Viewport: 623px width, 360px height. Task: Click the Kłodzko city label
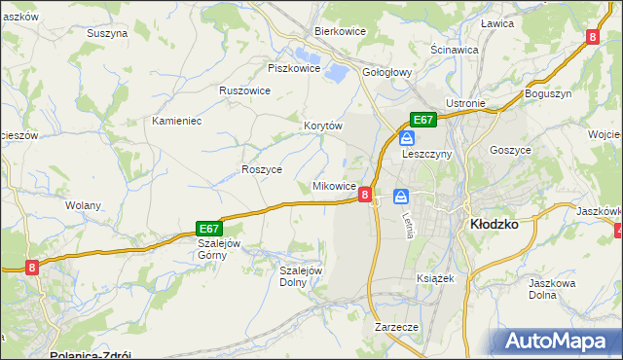[x=493, y=223]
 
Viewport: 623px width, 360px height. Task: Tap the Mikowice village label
[x=334, y=185]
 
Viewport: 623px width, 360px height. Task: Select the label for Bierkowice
[x=338, y=30]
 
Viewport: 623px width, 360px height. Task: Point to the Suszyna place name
[x=107, y=32]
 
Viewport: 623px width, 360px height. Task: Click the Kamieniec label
[x=176, y=121]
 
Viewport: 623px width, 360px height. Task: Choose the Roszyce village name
[x=261, y=168]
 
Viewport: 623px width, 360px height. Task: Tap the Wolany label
[x=83, y=205]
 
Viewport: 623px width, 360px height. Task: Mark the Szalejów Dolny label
[x=301, y=276]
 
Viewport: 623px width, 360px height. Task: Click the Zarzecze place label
[x=396, y=327]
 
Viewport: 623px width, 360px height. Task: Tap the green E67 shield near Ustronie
[x=421, y=120]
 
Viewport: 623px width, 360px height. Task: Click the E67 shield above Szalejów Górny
[x=209, y=227]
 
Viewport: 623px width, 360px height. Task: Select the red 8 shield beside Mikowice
[x=365, y=195]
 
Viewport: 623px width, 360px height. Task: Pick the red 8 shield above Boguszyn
[x=592, y=37]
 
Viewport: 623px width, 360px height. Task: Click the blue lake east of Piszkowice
[x=335, y=71]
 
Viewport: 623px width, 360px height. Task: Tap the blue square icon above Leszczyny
[x=406, y=138]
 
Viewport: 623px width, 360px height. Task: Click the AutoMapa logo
[x=559, y=341]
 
